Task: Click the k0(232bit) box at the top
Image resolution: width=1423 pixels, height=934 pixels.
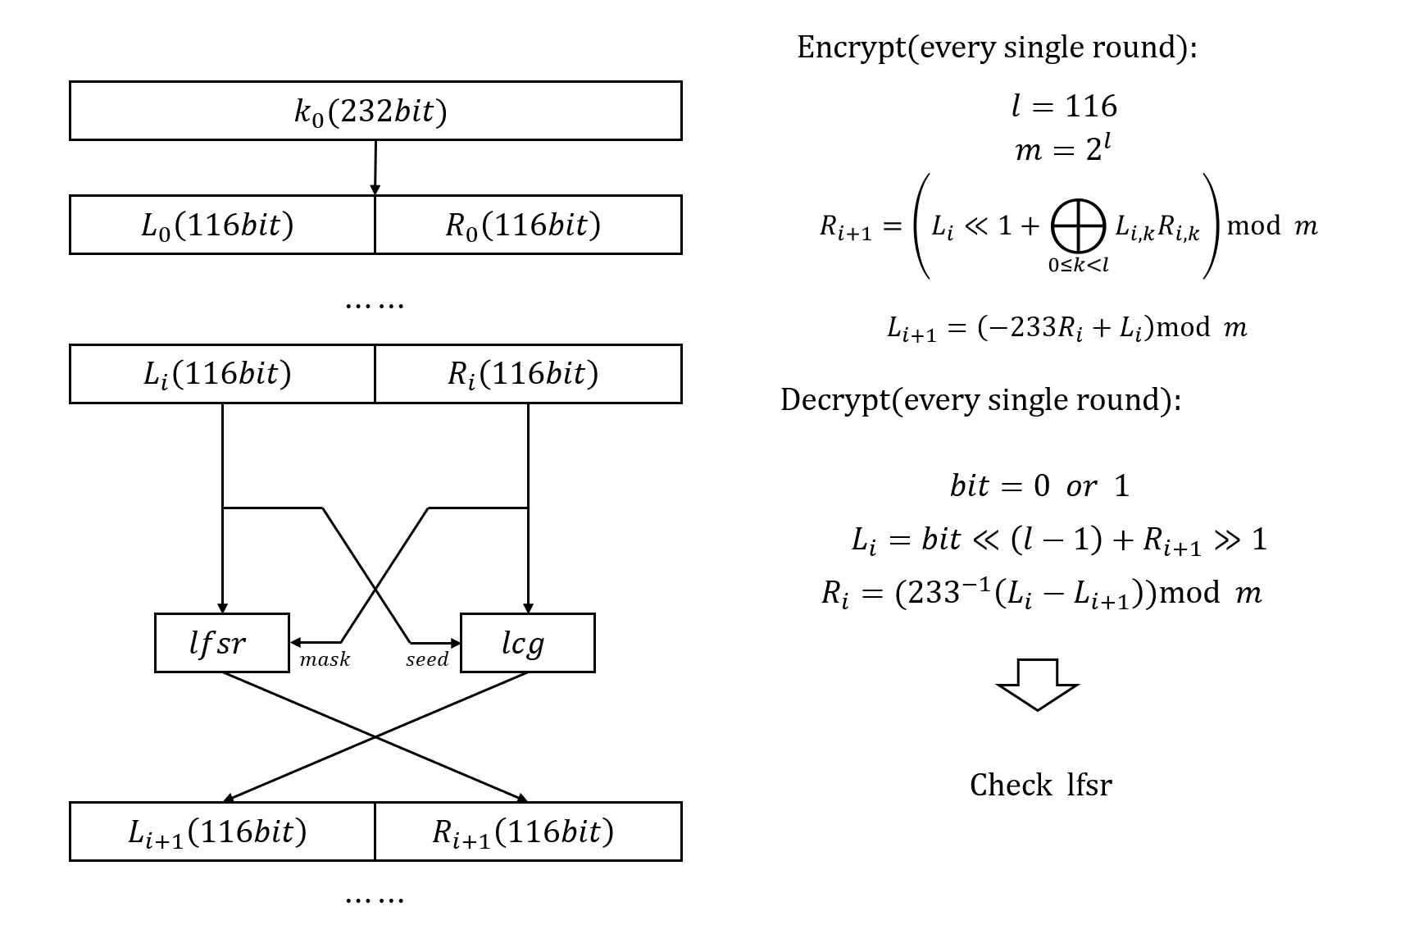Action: (375, 111)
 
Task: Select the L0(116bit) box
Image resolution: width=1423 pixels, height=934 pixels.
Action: (221, 225)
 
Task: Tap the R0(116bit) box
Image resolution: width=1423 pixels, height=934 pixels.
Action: (527, 225)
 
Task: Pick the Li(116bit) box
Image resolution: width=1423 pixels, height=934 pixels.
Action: (221, 374)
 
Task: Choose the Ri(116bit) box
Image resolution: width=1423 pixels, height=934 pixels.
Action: (527, 374)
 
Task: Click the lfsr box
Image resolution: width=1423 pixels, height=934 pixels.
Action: (221, 643)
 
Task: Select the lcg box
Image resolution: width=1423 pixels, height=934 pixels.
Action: (527, 643)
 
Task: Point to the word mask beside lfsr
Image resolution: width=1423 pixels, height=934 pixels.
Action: (325, 659)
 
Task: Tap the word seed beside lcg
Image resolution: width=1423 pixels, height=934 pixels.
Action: (427, 659)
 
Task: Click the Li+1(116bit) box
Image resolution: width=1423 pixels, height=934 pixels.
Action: (221, 831)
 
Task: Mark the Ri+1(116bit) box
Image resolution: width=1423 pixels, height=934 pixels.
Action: (527, 831)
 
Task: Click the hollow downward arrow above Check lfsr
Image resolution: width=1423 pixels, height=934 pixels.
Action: (1038, 684)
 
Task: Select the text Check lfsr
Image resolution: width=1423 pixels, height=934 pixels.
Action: (1040, 785)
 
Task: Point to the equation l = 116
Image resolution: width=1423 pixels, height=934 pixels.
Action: (1064, 106)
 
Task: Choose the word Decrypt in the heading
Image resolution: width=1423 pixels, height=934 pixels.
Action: (835, 399)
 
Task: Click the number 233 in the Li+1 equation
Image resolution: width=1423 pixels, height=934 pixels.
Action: (1012, 327)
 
